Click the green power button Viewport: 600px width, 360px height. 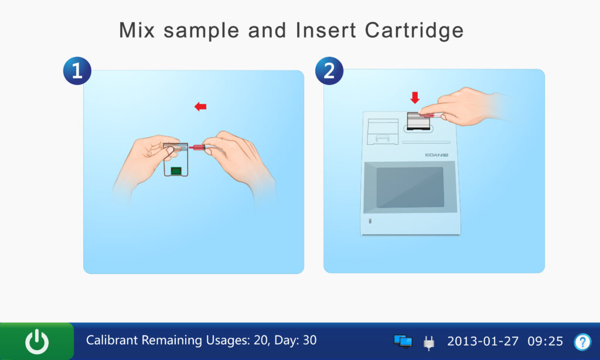tap(37, 341)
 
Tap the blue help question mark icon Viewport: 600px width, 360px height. tap(582, 342)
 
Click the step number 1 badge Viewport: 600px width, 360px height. tap(77, 71)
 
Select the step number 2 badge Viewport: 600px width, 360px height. tap(329, 71)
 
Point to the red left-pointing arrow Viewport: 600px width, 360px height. tap(200, 107)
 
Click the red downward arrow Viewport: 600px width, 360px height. tap(415, 98)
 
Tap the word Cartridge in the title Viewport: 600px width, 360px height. tap(414, 30)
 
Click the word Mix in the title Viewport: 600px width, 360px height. tap(137, 30)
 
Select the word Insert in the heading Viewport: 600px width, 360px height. tap(326, 30)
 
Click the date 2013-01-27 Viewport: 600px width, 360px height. tap(483, 341)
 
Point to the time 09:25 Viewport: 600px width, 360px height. tap(546, 341)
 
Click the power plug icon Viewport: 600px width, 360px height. tap(429, 342)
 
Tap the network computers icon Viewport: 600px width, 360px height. tap(403, 341)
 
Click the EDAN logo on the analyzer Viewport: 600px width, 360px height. tap(436, 155)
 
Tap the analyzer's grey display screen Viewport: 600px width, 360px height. tap(410, 187)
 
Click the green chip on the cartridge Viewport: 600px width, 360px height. tap(176, 171)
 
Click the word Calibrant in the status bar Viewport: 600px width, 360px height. tap(112, 340)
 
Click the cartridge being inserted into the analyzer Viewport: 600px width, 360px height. tap(418, 121)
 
